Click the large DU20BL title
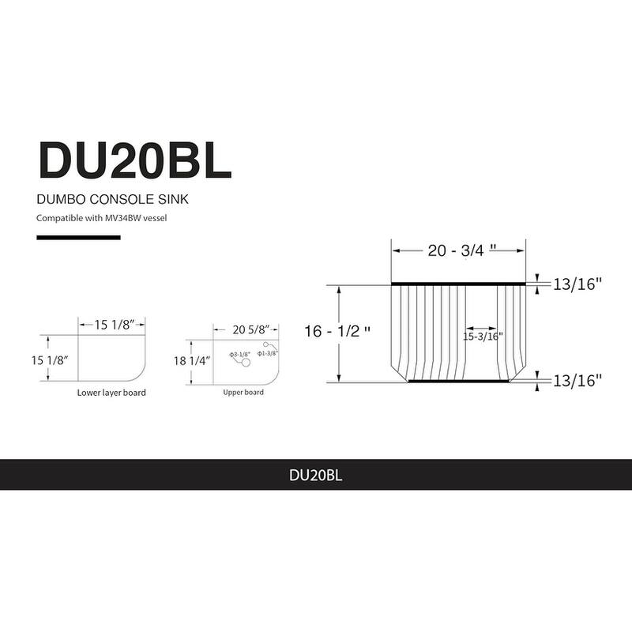click(134, 160)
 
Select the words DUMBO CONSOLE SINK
click(112, 200)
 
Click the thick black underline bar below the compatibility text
click(78, 237)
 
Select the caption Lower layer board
click(111, 393)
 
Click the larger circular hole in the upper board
click(246, 363)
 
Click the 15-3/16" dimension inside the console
click(483, 336)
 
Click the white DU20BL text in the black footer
click(315, 475)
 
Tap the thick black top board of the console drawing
click(458, 283)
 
